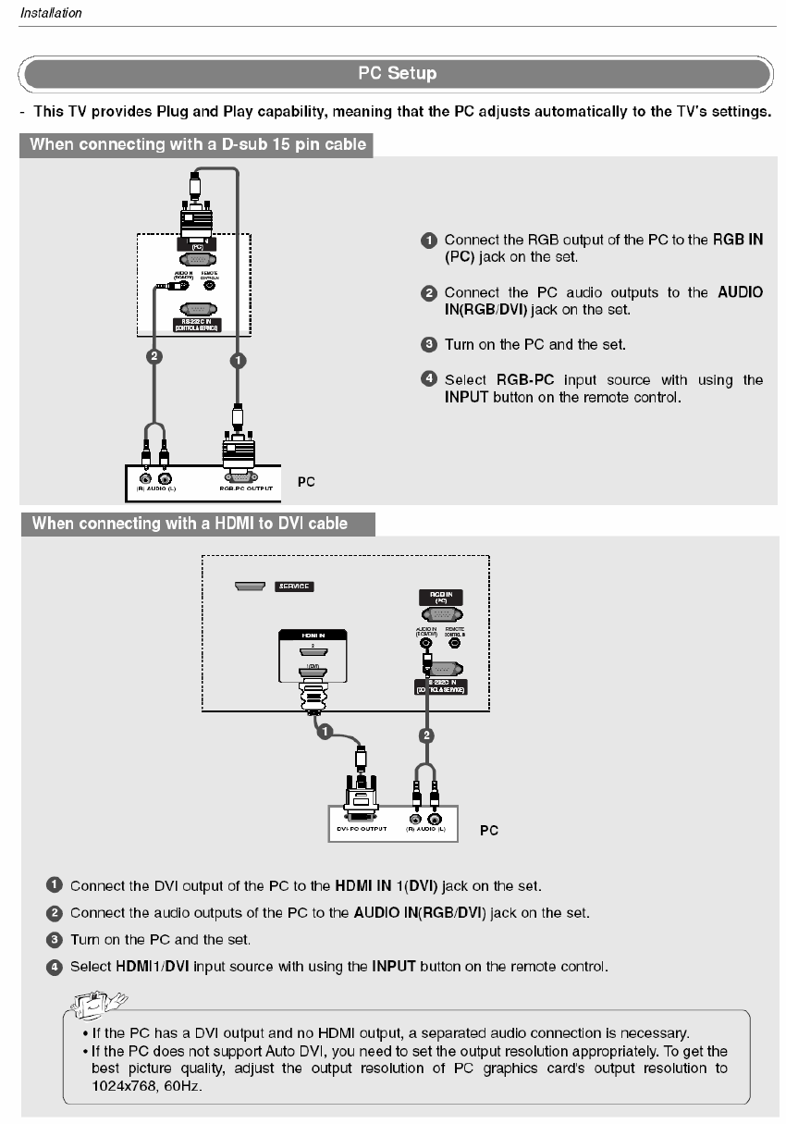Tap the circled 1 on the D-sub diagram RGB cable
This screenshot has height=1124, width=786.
tap(239, 360)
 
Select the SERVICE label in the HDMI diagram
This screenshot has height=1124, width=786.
tap(295, 587)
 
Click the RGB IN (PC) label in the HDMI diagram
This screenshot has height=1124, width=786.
tap(441, 598)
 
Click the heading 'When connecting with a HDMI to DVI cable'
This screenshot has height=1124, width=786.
tap(190, 524)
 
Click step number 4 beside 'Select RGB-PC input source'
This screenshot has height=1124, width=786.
tap(429, 379)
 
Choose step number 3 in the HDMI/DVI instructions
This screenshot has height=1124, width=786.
tap(55, 939)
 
